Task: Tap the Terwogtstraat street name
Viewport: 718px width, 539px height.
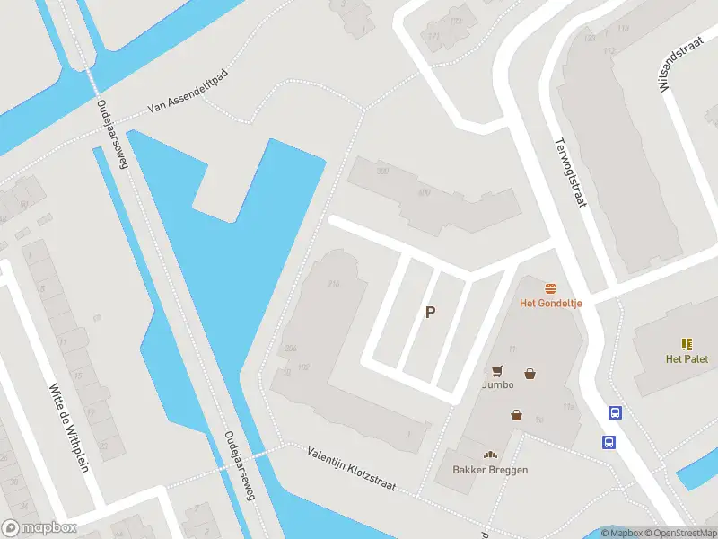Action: point(570,172)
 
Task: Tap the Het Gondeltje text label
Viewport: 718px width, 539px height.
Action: point(551,303)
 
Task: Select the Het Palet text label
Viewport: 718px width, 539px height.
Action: point(687,359)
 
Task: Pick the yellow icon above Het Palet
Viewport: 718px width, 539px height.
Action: point(687,344)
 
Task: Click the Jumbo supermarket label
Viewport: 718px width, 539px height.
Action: point(497,384)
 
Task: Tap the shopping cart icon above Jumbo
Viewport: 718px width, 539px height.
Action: point(497,370)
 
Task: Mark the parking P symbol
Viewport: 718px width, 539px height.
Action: point(431,313)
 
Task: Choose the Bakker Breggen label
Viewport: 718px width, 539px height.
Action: point(490,470)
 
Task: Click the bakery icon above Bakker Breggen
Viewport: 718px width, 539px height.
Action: point(490,455)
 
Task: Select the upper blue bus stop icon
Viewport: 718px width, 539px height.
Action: point(616,413)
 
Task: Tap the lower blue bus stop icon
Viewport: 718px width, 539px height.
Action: point(609,442)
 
